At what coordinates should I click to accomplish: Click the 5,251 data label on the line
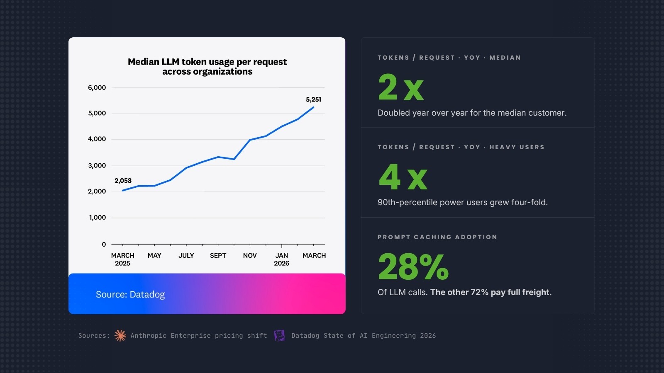(313, 99)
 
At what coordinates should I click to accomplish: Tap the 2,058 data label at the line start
(123, 181)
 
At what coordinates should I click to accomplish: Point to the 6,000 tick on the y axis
(97, 87)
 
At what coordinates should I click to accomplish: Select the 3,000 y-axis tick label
(97, 165)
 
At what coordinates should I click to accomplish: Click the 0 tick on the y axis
(104, 245)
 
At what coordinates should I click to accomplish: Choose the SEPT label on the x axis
(218, 256)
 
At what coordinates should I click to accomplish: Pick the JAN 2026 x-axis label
(281, 259)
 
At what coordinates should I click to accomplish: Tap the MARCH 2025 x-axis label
(122, 259)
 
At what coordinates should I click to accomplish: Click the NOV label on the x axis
(250, 256)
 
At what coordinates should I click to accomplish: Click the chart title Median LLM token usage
(207, 67)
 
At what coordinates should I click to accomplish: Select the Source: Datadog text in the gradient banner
(130, 295)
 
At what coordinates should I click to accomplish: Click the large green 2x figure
(400, 87)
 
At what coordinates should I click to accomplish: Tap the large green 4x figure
(403, 177)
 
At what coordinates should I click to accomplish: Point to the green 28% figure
(413, 267)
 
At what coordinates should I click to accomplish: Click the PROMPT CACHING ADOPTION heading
(437, 237)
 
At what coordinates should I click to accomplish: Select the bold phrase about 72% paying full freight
(491, 293)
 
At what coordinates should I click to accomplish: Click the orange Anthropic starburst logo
(120, 336)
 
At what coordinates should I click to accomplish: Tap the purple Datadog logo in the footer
(280, 336)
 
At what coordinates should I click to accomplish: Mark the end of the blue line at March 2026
(313, 107)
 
